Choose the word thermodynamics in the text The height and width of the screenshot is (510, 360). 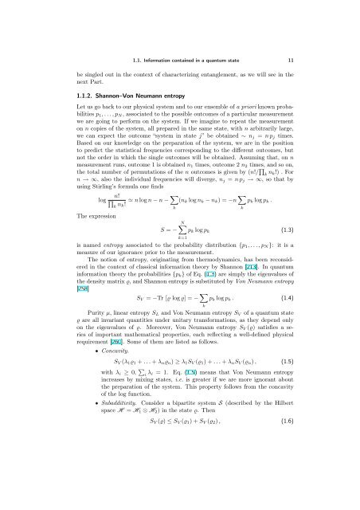pyautogui.click(x=225, y=285)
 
